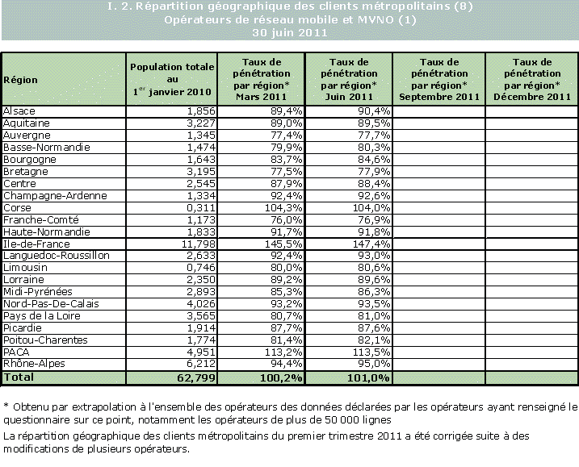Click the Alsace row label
coord(19,110)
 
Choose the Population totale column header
coord(172,79)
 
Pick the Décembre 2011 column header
coord(531,79)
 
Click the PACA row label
coord(17,352)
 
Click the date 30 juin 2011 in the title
coord(289,33)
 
